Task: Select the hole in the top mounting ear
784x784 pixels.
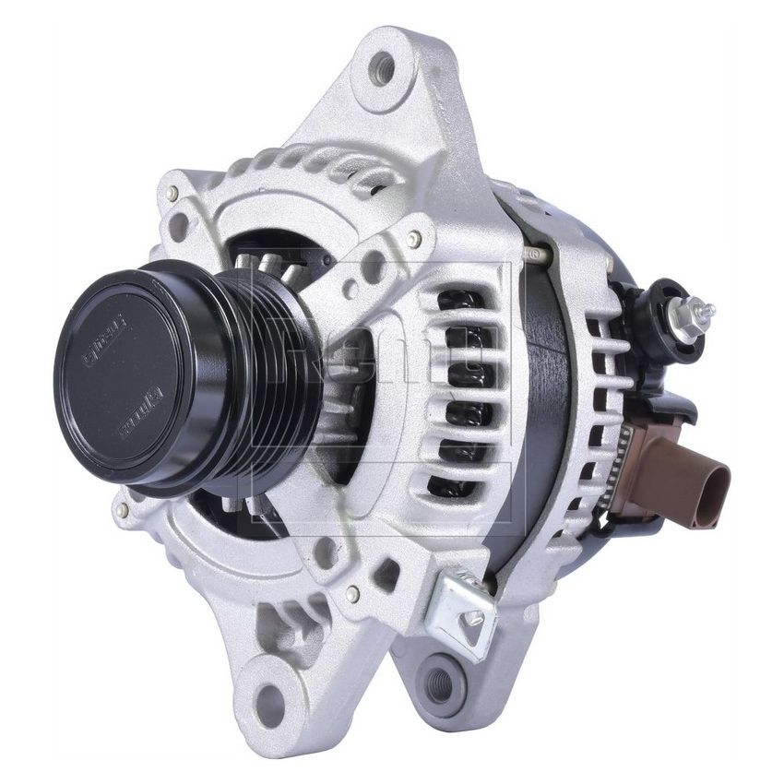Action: pos(380,69)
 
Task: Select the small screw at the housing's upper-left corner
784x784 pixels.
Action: pos(172,193)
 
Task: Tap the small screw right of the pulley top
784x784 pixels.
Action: pos(414,238)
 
